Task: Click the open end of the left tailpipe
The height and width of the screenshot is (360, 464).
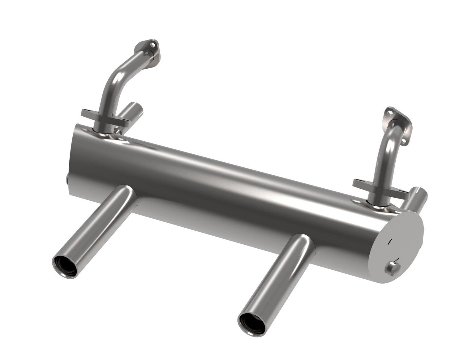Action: (65, 267)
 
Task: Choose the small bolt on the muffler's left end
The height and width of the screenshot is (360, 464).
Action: (67, 179)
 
